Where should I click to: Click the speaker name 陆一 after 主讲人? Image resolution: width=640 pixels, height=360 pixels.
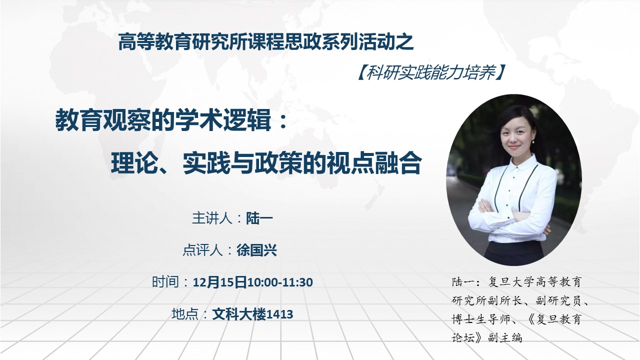pos(259,218)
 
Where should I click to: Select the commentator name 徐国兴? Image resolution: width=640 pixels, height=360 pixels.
pos(256,250)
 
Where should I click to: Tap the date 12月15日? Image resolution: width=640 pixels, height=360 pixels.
pos(219,282)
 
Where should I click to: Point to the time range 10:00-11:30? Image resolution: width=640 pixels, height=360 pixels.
pos(280,282)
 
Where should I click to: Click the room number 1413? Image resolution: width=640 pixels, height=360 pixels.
pos(279,314)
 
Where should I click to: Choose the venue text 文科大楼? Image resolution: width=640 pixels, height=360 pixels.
pos(239,314)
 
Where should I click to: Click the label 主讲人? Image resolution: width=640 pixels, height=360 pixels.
pos(211,218)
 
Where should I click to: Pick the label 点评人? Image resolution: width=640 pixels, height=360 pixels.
pos(202,250)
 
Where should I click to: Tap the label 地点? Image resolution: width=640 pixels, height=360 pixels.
pos(185,314)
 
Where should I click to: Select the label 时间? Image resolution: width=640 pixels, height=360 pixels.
pos(165,282)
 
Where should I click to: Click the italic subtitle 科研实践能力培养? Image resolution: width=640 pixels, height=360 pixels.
pos(431,72)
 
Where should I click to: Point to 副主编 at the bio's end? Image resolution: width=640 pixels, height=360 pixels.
pos(505,337)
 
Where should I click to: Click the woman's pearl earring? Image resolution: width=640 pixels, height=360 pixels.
pos(533,141)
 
